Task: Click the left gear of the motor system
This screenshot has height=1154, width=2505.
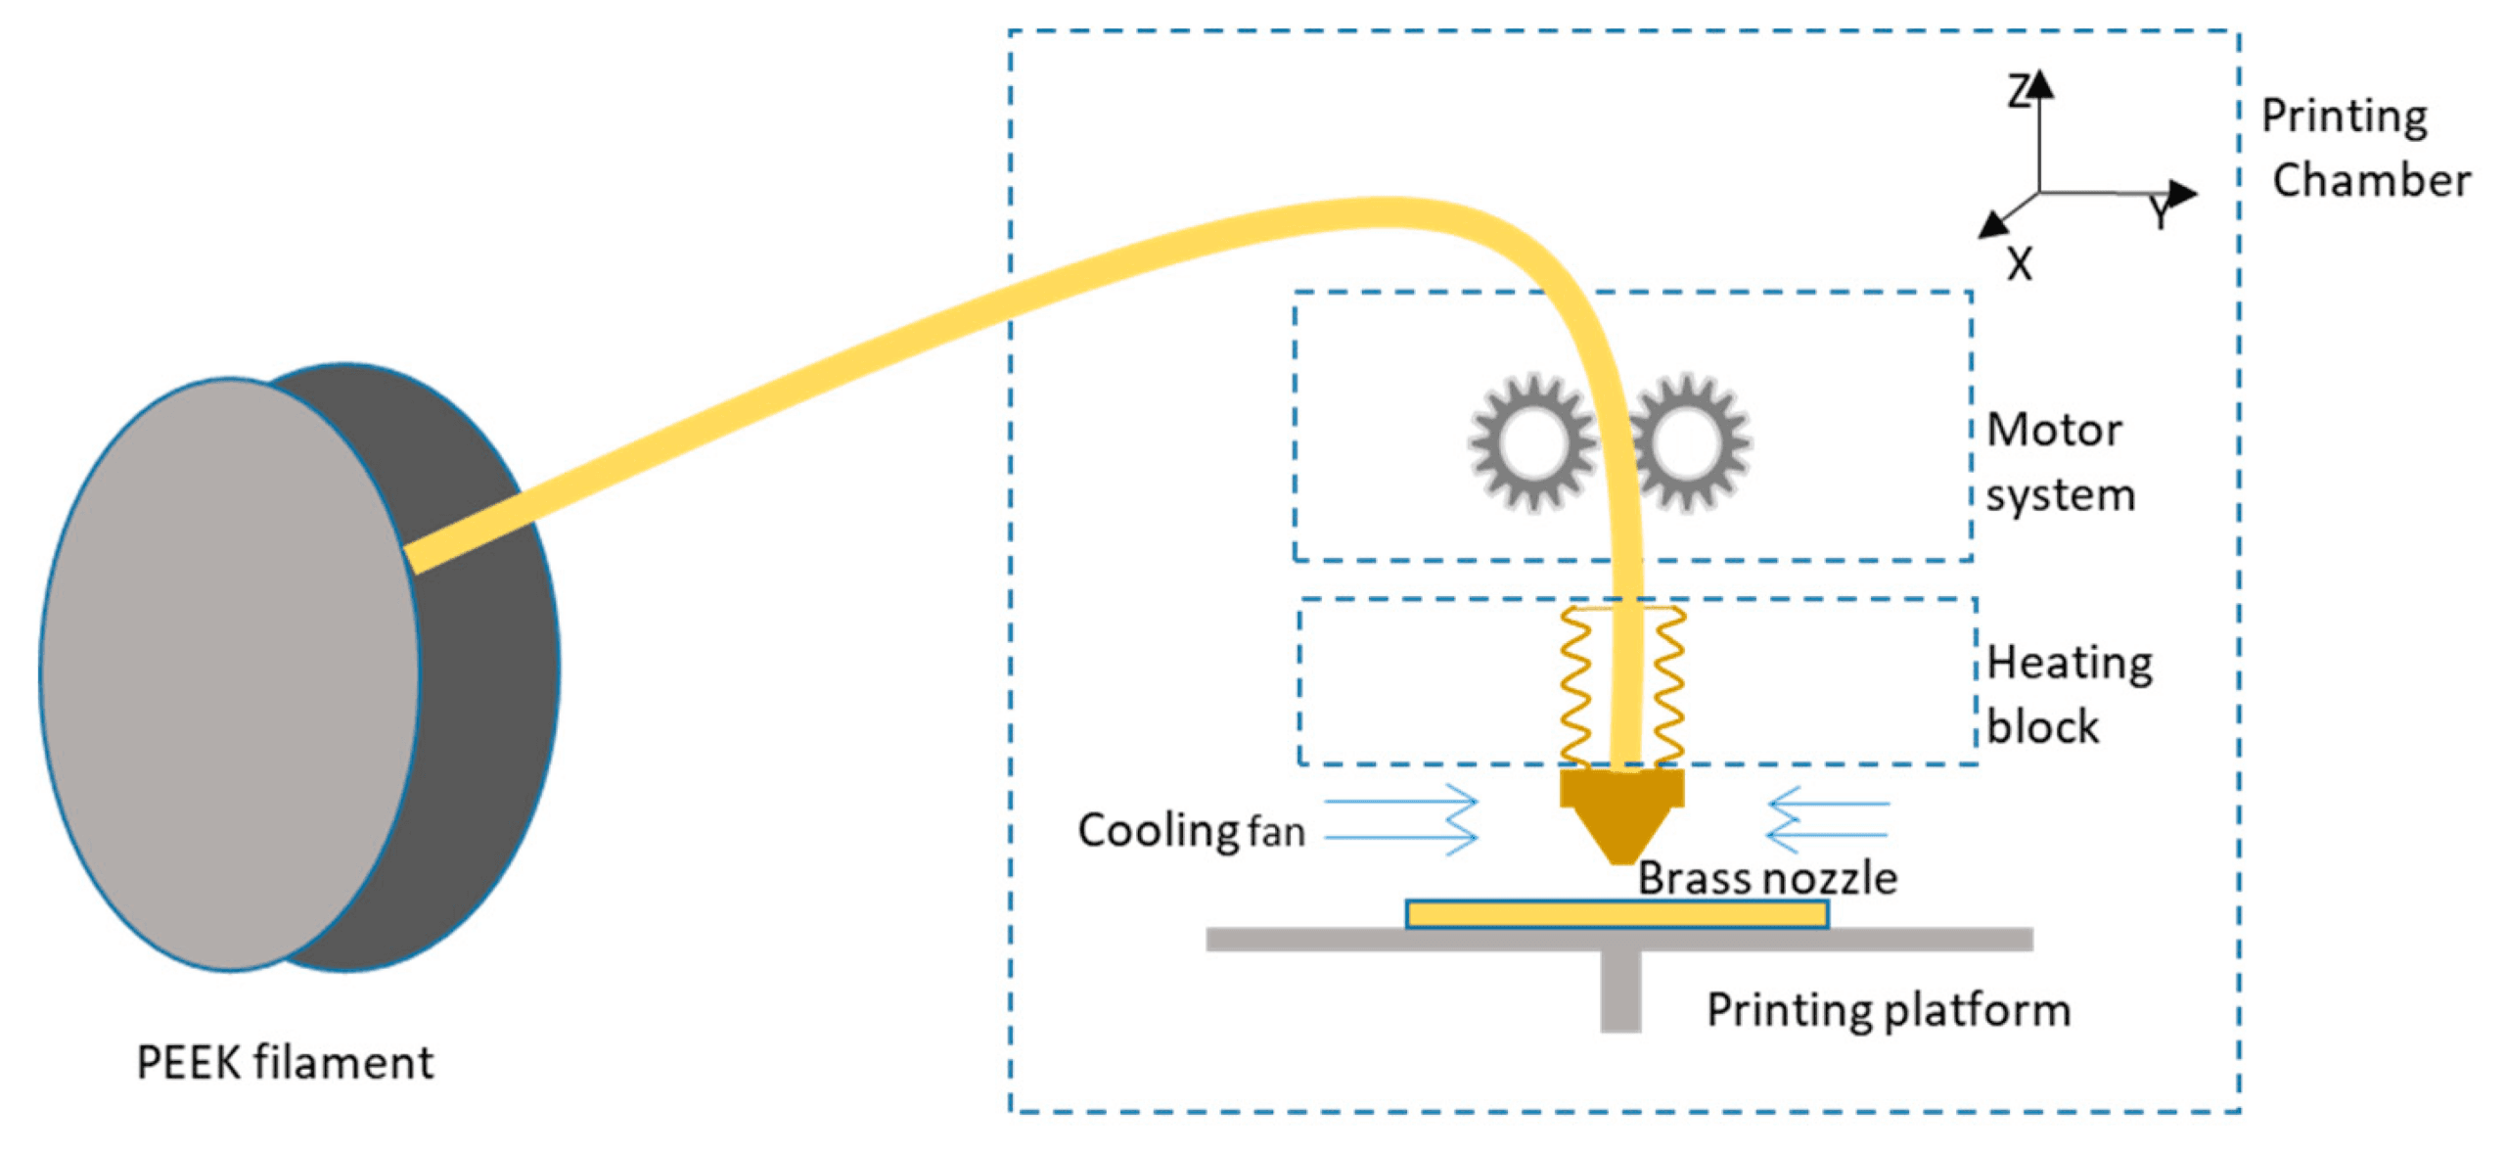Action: [1530, 442]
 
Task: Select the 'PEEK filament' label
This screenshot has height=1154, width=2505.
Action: [284, 1062]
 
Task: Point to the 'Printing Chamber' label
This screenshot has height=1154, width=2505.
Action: [2363, 149]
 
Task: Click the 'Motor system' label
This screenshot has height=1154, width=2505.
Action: [2059, 462]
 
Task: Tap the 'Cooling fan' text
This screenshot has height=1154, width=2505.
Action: [1191, 831]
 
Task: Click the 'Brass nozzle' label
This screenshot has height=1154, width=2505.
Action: [1766, 877]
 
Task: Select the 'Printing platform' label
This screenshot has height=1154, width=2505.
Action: [1888, 1010]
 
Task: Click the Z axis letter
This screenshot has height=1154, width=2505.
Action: [2018, 92]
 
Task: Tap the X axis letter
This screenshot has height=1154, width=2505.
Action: [2019, 264]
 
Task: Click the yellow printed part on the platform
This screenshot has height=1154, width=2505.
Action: [1616, 914]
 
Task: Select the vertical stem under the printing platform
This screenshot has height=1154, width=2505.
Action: [1619, 991]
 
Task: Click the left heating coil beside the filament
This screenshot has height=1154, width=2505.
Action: [1575, 685]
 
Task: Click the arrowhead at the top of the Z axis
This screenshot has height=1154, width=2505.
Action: [2039, 84]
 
